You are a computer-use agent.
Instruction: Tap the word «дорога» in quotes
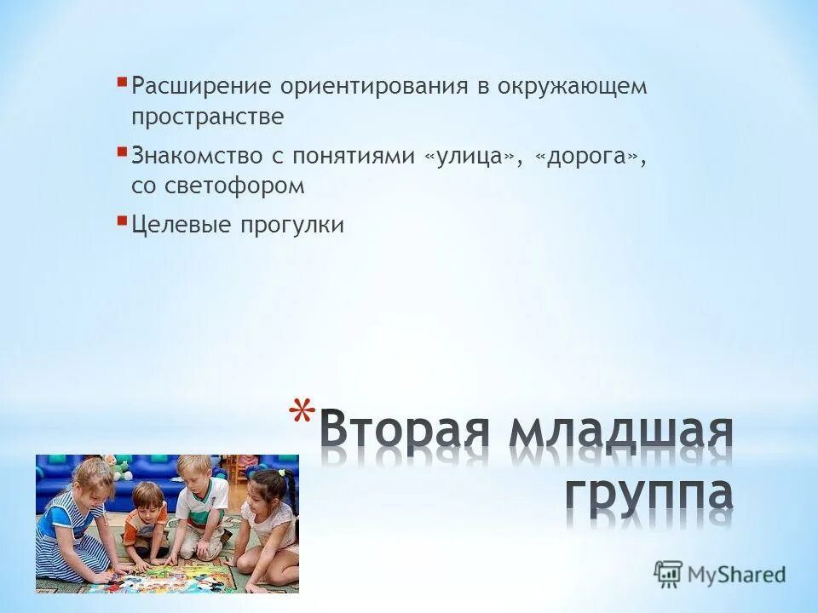point(587,157)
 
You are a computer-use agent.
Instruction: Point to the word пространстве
point(207,117)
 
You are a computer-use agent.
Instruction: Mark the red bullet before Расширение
point(123,83)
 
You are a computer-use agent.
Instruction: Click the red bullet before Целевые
point(123,221)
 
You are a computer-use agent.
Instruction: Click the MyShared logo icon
point(669,574)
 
